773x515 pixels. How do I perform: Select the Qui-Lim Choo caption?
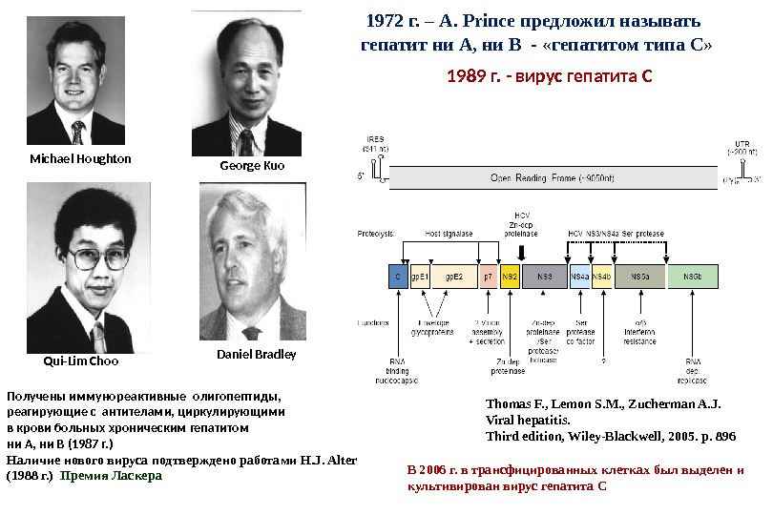tap(81, 361)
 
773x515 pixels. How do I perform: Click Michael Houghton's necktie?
tap(78, 132)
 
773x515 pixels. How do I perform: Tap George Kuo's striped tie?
tap(247, 141)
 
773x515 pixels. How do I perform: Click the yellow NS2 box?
tap(510, 277)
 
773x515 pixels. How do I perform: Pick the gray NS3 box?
tap(545, 277)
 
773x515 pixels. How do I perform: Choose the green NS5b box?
tap(693, 277)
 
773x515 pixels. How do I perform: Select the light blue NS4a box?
tap(579, 277)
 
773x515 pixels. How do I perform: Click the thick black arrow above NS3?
tap(521, 251)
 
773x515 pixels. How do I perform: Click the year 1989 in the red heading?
tap(467, 75)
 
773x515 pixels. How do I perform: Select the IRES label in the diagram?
tap(375, 139)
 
